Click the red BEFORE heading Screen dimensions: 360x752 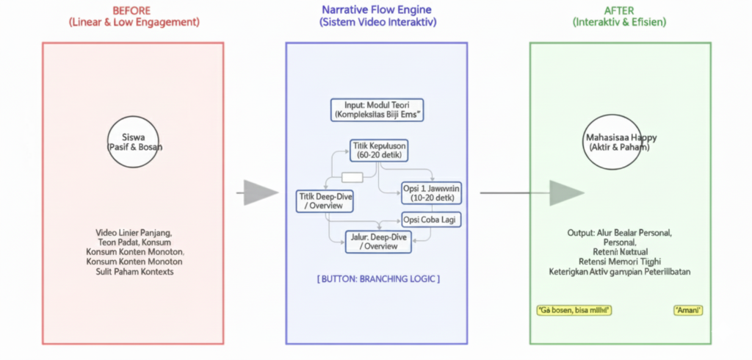coord(132,10)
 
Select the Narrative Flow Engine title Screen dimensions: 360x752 coord(377,10)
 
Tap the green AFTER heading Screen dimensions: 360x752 coord(619,10)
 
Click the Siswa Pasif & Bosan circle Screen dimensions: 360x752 coord(135,141)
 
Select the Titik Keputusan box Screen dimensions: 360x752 coord(377,151)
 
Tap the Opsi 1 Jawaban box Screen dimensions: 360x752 coord(430,192)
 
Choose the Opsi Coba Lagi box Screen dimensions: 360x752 coord(432,220)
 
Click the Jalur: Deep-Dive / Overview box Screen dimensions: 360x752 coord(378,241)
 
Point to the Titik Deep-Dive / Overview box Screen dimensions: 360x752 coord(325,200)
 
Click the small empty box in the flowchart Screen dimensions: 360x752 coord(352,177)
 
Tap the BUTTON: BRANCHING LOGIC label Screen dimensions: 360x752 coord(378,279)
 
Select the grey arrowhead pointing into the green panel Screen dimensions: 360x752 coord(566,192)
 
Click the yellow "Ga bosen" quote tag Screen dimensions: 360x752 coord(574,311)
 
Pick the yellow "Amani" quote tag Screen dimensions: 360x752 coord(688,311)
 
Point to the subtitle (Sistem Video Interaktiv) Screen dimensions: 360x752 coord(377,23)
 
